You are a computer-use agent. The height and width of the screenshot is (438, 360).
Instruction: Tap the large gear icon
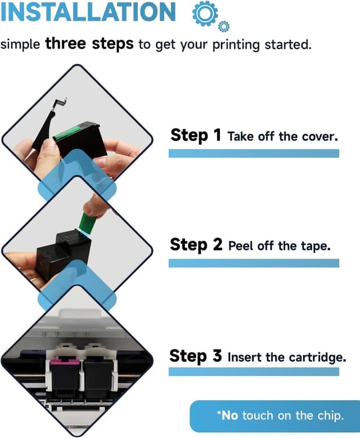(205, 13)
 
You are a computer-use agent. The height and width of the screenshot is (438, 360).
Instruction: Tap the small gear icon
(223, 26)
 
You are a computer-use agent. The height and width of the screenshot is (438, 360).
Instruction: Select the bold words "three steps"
(89, 43)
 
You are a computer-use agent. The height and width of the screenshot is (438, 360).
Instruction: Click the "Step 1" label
(196, 136)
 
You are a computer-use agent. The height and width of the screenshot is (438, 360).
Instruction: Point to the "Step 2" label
(196, 245)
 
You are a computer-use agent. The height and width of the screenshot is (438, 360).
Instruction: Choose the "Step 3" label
(196, 356)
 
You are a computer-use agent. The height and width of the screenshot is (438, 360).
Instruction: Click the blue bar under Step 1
(254, 153)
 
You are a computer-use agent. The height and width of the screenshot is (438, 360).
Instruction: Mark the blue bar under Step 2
(254, 263)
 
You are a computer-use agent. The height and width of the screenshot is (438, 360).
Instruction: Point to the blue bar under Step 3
(254, 372)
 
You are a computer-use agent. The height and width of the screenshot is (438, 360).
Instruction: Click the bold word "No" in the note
(229, 415)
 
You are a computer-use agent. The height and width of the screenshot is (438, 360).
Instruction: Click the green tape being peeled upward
(88, 224)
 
